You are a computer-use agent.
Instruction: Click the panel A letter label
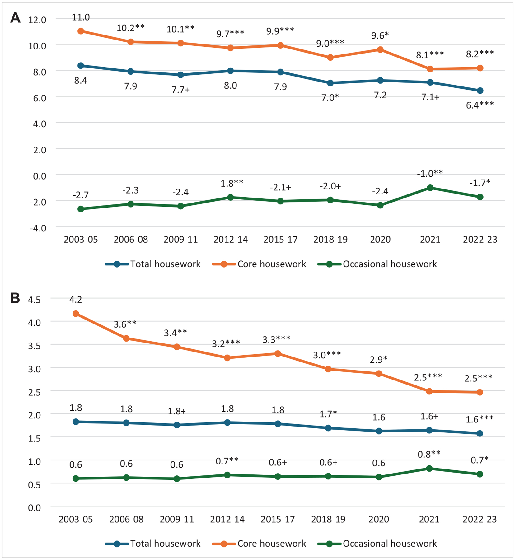point(15,18)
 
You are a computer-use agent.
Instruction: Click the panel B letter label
point(15,298)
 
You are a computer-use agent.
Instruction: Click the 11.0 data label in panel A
point(81,17)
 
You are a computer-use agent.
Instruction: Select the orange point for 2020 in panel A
point(380,49)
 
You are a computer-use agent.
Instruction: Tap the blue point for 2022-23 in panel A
point(480,91)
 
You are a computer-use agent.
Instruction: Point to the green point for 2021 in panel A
point(430,188)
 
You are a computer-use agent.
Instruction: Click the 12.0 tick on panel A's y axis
point(37,20)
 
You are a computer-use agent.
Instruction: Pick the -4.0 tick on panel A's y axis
point(38,228)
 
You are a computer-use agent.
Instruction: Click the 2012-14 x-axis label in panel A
point(231,239)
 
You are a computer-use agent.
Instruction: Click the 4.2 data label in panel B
point(76,299)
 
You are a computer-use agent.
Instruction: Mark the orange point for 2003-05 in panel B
point(76,314)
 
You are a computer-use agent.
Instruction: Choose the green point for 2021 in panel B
point(429,468)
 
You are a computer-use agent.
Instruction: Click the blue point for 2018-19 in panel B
point(328,428)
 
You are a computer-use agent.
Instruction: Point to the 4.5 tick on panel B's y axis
point(34,300)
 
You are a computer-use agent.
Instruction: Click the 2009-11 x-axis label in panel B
point(177,519)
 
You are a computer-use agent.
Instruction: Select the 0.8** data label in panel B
point(429,454)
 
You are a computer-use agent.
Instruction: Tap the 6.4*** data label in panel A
point(480,105)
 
